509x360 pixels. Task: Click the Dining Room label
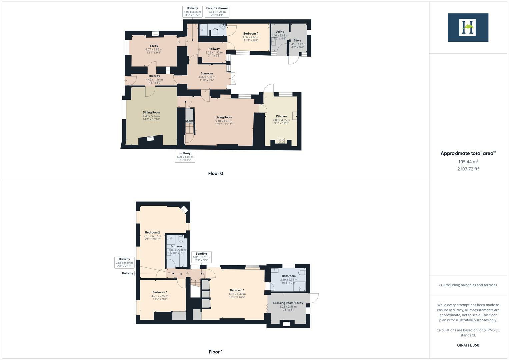[151, 113]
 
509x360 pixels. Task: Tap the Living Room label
[224, 117]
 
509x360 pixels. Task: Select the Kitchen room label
[281, 116]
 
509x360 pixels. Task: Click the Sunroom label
[207, 73]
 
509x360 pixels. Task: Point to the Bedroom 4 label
[251, 34]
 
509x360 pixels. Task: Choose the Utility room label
[280, 32]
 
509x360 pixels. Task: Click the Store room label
[298, 41]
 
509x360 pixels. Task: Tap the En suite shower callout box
[217, 12]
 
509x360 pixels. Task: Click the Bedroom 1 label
[237, 290]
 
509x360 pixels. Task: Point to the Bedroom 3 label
[160, 292]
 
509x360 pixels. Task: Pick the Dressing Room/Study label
[288, 303]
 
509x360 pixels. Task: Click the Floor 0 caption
[216, 173]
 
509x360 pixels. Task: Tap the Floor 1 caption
[216, 352]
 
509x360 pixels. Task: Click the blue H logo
[468, 27]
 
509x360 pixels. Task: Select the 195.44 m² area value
[468, 162]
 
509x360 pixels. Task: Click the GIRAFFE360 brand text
[468, 345]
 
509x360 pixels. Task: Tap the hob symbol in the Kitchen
[281, 141]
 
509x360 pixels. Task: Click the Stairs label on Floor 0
[189, 121]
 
